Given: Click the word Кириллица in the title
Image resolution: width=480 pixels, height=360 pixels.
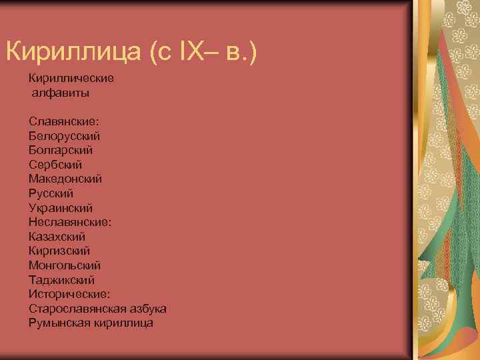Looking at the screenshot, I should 74,51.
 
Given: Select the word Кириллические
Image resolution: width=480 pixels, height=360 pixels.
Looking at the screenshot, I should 71,78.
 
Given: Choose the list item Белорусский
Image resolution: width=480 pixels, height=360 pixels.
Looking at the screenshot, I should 65,135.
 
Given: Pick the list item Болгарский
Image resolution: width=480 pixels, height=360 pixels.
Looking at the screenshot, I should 61,150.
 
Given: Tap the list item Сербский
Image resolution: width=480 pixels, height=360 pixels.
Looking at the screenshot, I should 55,164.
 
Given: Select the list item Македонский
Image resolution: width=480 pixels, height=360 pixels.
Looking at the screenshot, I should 65,179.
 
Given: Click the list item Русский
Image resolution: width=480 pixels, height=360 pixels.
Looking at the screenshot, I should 51,193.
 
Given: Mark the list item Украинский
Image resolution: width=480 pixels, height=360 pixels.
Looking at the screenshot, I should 61,208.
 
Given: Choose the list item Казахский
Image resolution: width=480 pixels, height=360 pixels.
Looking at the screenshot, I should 57,237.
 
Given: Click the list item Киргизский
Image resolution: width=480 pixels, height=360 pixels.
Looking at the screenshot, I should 59,251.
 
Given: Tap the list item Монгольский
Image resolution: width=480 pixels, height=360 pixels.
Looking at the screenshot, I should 65,265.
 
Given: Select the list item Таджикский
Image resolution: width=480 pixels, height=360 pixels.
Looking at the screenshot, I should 61,280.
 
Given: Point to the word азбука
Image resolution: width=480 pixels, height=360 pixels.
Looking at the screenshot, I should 147,309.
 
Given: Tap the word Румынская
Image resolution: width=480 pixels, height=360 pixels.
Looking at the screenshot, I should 57,323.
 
